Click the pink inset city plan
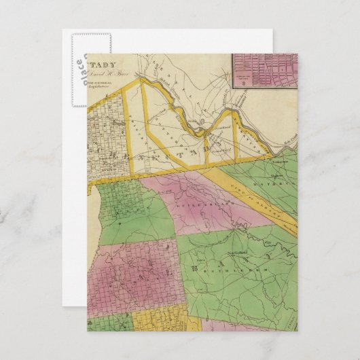(x=264, y=71)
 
